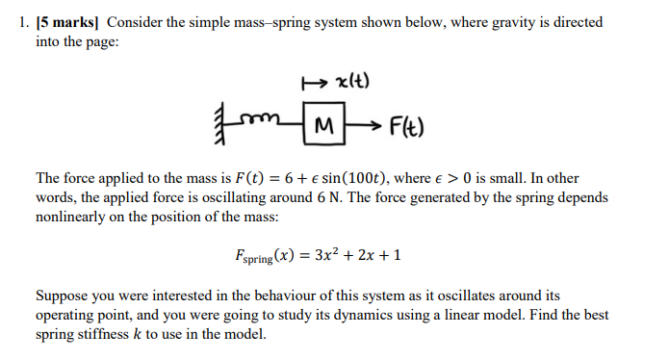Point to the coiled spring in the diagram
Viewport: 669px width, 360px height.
274,123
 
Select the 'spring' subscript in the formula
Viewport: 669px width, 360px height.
257,260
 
